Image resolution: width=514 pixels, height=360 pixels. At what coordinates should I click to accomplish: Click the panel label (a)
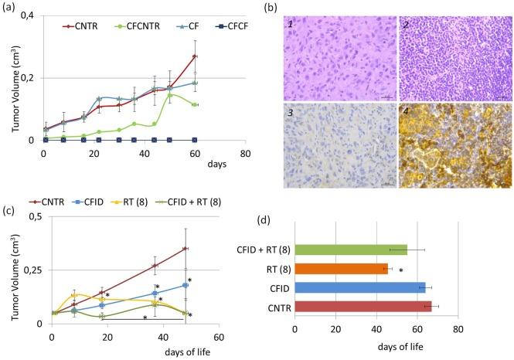[10, 10]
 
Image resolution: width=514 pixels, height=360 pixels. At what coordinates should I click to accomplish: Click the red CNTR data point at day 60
[195, 56]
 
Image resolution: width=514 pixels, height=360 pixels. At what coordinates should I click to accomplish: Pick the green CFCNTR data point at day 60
[195, 105]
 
